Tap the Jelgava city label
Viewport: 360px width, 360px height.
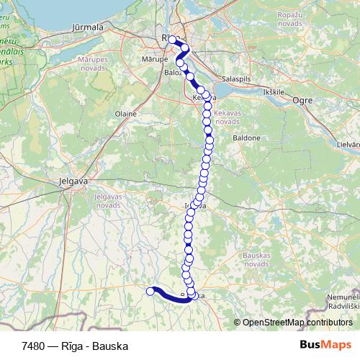click(73, 181)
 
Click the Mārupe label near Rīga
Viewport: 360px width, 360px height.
click(155, 58)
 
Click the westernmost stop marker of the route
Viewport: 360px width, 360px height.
click(150, 291)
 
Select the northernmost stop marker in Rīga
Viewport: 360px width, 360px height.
click(173, 40)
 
